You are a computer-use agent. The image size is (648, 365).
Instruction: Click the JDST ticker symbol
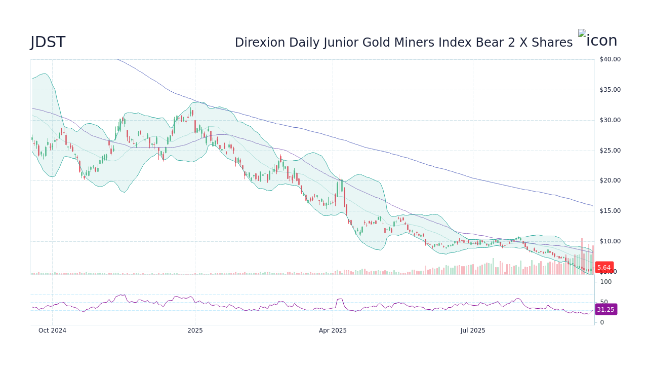[48, 43]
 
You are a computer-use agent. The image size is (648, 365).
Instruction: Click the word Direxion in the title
[256, 43]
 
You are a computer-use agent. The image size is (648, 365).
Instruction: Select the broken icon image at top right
[597, 39]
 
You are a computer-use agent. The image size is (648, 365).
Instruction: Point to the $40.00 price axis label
[610, 59]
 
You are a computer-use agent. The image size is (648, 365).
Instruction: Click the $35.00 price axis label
[610, 90]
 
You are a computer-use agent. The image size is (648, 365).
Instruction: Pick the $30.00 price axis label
[610, 120]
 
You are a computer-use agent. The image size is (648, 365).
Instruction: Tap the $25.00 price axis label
[610, 151]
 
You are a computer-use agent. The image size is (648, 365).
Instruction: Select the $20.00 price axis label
[610, 180]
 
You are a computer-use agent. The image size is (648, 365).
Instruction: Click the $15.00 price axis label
[610, 211]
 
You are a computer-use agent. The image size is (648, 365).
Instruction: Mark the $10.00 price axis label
[610, 241]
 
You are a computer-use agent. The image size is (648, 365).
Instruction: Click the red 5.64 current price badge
[604, 268]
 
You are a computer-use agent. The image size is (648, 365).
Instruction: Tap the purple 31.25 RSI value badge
[605, 309]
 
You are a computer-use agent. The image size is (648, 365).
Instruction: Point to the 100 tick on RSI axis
[605, 282]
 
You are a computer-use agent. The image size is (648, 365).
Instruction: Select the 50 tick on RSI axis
[604, 302]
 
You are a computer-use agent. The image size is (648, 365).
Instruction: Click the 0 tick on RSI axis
[602, 322]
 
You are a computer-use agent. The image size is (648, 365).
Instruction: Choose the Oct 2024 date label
[52, 331]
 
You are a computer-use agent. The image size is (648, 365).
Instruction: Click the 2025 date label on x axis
[195, 331]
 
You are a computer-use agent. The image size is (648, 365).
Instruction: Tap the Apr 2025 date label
[333, 331]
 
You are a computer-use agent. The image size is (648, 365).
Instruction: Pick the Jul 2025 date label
[473, 331]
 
